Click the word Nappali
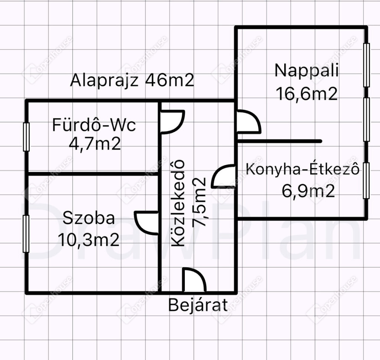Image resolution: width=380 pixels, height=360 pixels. (307, 70)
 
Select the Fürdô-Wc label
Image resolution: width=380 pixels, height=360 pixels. (94, 125)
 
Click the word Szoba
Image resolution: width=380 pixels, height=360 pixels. (89, 218)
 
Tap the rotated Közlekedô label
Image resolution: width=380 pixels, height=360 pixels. (178, 203)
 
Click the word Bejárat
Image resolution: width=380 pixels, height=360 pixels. (198, 305)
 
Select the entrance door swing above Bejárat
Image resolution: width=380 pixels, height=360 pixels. (193, 281)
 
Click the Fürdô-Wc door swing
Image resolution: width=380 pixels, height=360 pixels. (172, 122)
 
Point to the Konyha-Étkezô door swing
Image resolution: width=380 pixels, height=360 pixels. (224, 176)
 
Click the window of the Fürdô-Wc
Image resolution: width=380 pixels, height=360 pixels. (26, 137)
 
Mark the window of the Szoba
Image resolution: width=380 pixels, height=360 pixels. (26, 234)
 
